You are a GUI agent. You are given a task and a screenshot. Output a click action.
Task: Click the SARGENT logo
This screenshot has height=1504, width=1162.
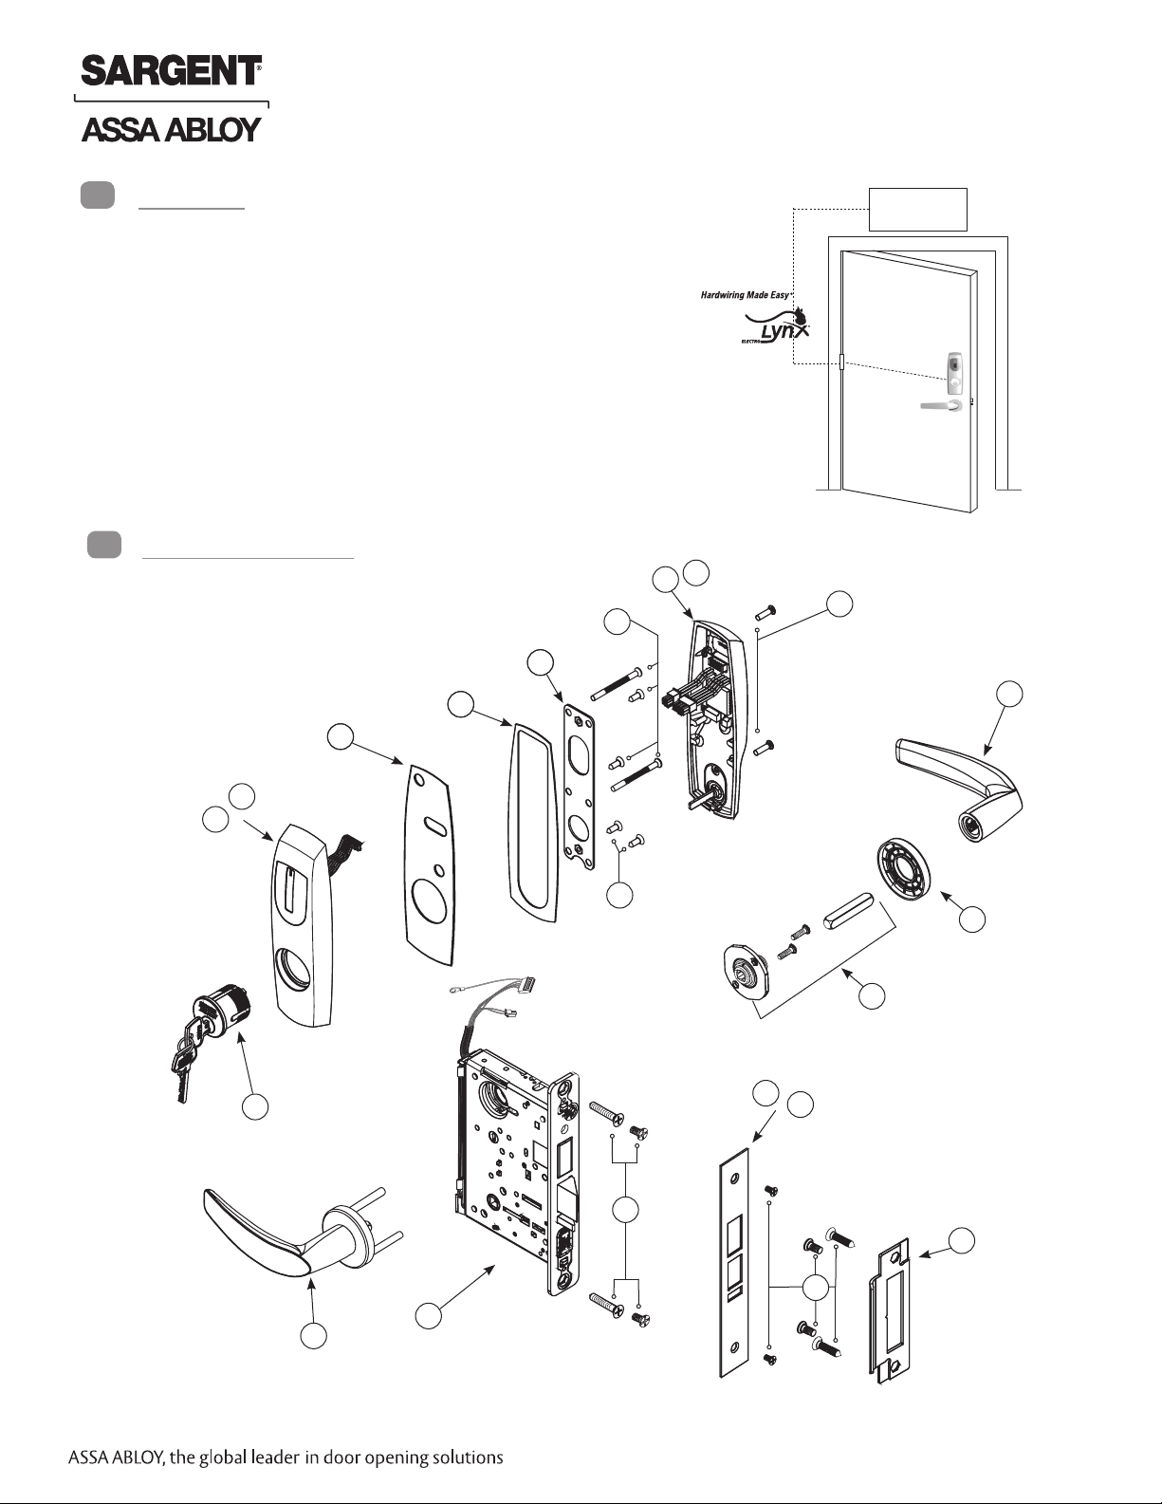(x=171, y=70)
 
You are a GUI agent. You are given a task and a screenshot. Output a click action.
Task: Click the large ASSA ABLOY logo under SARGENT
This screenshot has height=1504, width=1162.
(x=171, y=130)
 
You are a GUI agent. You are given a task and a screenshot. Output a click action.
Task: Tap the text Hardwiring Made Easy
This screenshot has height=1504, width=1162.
(x=745, y=295)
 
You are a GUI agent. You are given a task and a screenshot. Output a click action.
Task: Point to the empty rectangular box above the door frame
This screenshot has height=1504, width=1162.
(x=918, y=209)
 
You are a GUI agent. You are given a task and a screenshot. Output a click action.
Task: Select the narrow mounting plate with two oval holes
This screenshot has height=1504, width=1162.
(x=580, y=787)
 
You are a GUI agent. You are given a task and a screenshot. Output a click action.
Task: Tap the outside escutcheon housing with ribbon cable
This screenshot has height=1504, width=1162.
(x=304, y=925)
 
